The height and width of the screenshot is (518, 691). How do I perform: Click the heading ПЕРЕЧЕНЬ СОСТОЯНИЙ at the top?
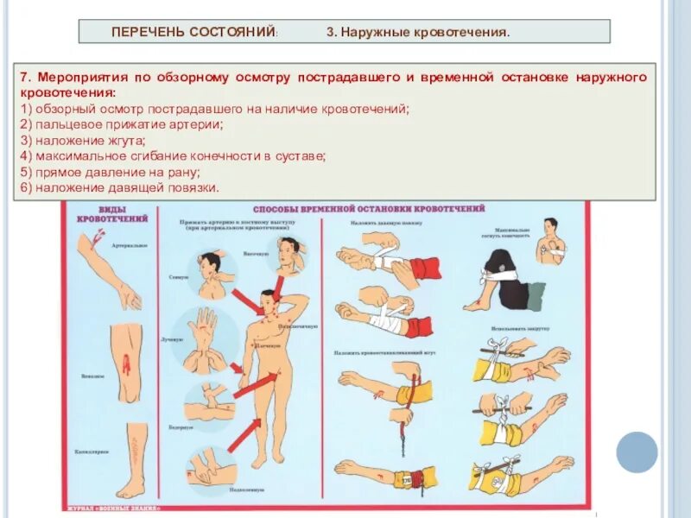coord(193,32)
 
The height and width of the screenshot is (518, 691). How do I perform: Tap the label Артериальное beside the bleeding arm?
coord(130,245)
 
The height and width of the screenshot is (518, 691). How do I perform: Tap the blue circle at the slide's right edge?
coord(637,451)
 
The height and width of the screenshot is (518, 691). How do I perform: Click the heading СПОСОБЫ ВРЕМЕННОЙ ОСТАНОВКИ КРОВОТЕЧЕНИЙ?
coord(369,209)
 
